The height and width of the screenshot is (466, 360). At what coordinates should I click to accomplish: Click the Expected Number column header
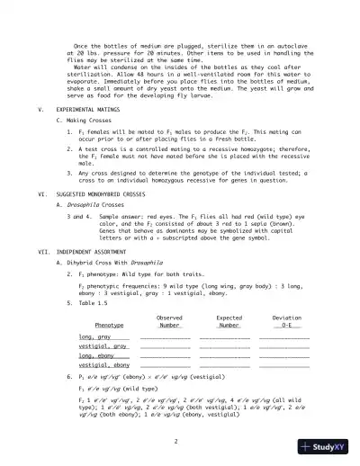click(x=216, y=321)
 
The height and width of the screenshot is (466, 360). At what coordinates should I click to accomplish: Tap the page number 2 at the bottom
click(x=179, y=441)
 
